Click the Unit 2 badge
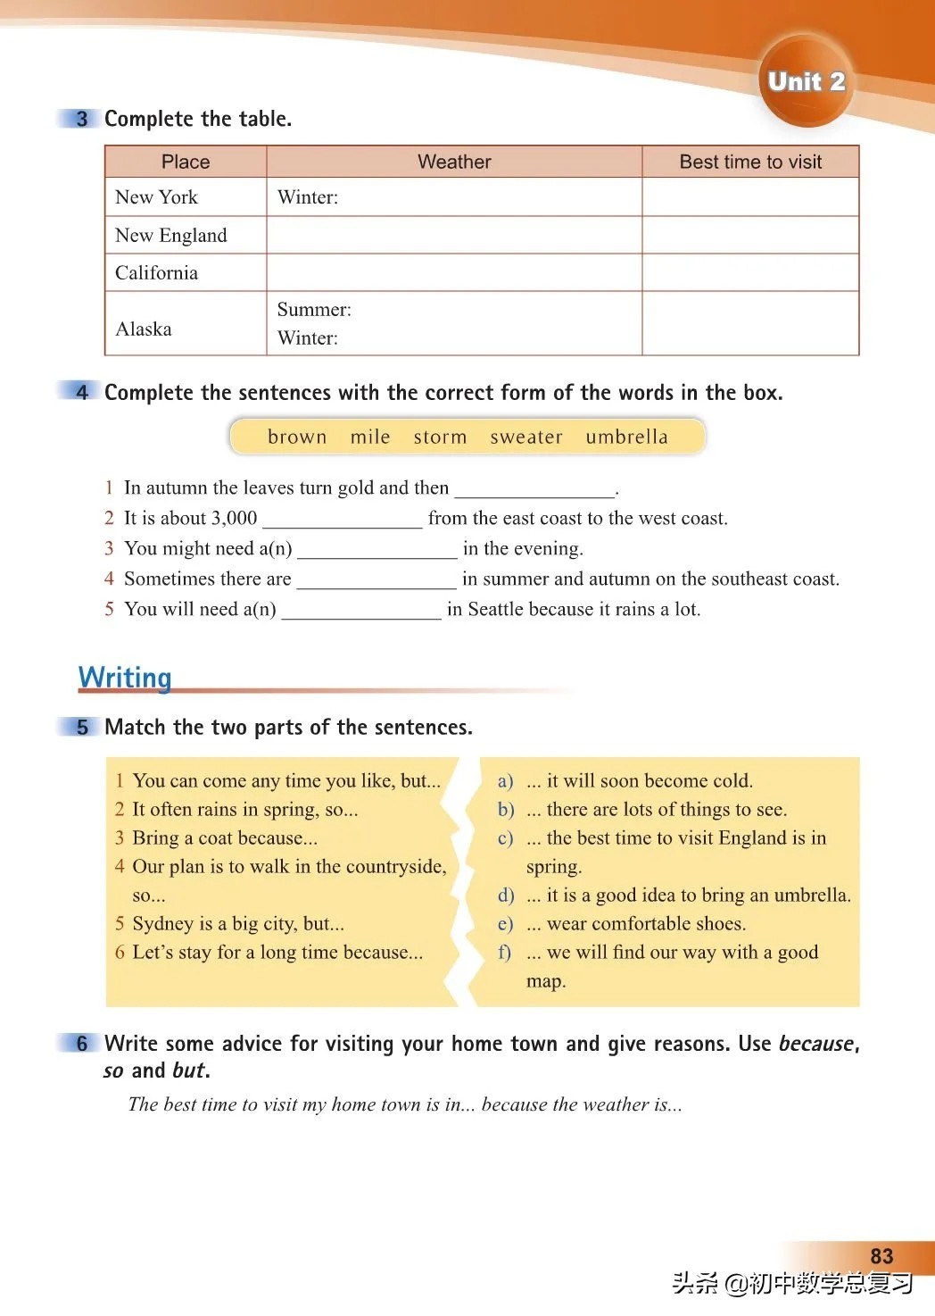pyautogui.click(x=806, y=81)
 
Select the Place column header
pyautogui.click(x=186, y=162)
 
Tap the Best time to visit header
pyautogui.click(x=750, y=162)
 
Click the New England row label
pyautogui.click(x=171, y=235)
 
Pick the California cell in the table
pyautogui.click(x=157, y=272)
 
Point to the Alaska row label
pyautogui.click(x=144, y=329)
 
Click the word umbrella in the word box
pyautogui.click(x=626, y=437)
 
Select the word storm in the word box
pyautogui.click(x=440, y=437)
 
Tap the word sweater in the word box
pyautogui.click(x=526, y=437)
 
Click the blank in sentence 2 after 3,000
pyautogui.click(x=342, y=521)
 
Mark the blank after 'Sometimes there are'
pyautogui.click(x=376, y=581)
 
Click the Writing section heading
pyautogui.click(x=125, y=678)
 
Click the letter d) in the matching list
pyautogui.click(x=506, y=895)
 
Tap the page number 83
pyautogui.click(x=881, y=1256)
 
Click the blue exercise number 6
pyautogui.click(x=82, y=1043)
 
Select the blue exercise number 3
pyautogui.click(x=82, y=119)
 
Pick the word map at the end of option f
pyautogui.click(x=545, y=981)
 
